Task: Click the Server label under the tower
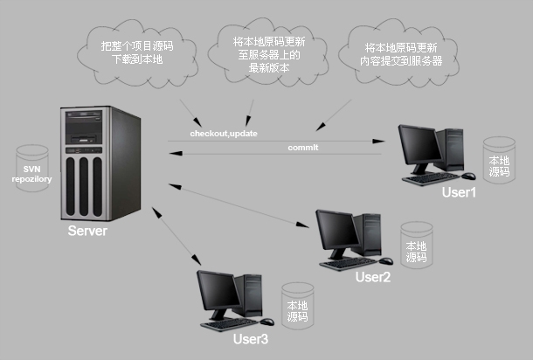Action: (87, 232)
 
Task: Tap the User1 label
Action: (460, 192)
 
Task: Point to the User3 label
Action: (251, 338)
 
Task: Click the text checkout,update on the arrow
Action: (224, 134)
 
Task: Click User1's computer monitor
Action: (421, 148)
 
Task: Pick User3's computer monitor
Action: (218, 293)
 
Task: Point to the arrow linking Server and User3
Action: (174, 236)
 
